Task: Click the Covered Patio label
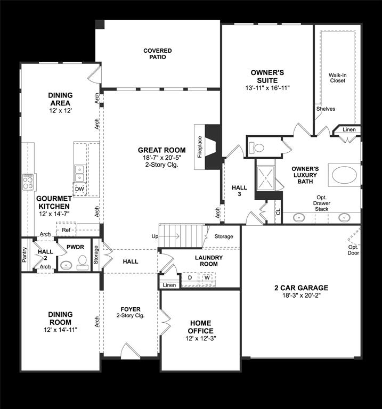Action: pyautogui.click(x=158, y=54)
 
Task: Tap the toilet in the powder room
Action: pyautogui.click(x=83, y=263)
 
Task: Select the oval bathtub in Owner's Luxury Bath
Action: pyautogui.click(x=344, y=175)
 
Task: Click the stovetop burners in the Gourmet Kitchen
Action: pyautogui.click(x=28, y=182)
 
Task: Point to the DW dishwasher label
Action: pyautogui.click(x=79, y=189)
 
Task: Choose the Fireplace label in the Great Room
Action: pyautogui.click(x=200, y=147)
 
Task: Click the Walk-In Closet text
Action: pyautogui.click(x=337, y=78)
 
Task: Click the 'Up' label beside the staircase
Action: pyautogui.click(x=155, y=236)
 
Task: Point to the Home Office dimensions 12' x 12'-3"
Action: pyautogui.click(x=201, y=338)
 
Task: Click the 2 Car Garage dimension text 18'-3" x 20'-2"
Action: pyautogui.click(x=302, y=296)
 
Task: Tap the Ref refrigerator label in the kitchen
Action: pyautogui.click(x=66, y=230)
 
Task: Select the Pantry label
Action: pyautogui.click(x=25, y=255)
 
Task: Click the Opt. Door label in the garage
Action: pyautogui.click(x=353, y=250)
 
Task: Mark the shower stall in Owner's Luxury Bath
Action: pyautogui.click(x=266, y=178)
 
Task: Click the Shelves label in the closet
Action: pyautogui.click(x=326, y=109)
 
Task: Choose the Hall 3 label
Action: pyautogui.click(x=239, y=191)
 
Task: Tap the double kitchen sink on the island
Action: pyautogui.click(x=79, y=174)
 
